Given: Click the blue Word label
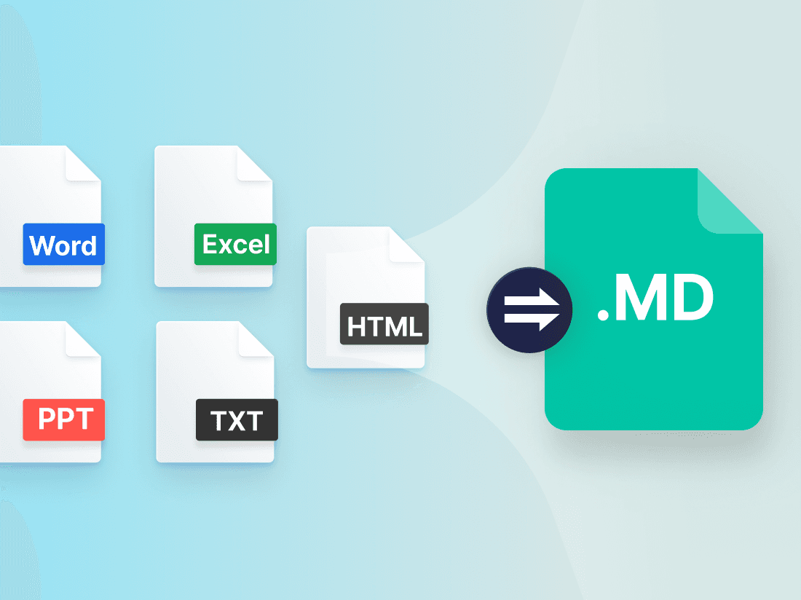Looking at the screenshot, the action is (64, 244).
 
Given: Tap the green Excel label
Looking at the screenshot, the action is (235, 244).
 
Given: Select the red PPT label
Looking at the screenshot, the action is (64, 419).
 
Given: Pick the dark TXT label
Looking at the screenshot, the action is (237, 419).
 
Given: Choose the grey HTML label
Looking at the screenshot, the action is (384, 324).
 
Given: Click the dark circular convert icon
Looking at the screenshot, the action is (529, 310).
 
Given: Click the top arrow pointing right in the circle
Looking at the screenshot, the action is (532, 300).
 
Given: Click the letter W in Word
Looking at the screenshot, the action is (42, 245).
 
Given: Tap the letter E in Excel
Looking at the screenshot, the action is (210, 244).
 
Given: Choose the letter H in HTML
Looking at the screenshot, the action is (357, 327).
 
